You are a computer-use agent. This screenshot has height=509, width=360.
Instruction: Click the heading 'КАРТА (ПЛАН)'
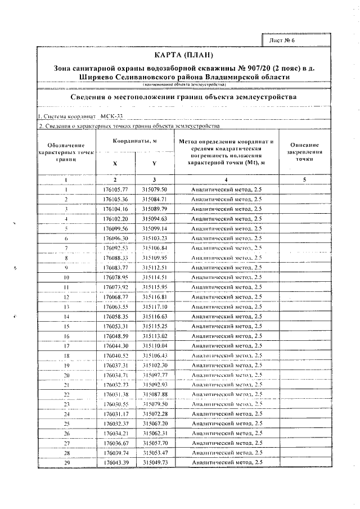click(184, 55)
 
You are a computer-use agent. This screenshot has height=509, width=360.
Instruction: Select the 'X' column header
click(115, 164)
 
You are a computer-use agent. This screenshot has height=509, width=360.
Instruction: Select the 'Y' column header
click(154, 164)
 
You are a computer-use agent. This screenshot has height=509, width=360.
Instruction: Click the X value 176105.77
click(116, 190)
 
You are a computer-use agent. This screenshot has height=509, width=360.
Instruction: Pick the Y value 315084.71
click(155, 199)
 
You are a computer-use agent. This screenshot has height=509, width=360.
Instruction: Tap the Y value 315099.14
click(155, 229)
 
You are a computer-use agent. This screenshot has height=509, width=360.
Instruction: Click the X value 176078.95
click(116, 278)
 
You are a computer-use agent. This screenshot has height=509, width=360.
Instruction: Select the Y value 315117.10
click(155, 307)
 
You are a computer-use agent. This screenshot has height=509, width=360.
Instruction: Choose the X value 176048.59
click(116, 336)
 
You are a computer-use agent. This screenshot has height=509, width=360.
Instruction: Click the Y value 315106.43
click(155, 356)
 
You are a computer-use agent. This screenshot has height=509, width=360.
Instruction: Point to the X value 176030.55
click(116, 404)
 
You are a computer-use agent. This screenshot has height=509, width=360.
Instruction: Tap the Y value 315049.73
click(155, 462)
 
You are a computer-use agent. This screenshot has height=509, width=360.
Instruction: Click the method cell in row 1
click(226, 190)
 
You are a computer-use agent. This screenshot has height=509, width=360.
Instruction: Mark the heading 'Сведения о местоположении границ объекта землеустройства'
click(184, 97)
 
